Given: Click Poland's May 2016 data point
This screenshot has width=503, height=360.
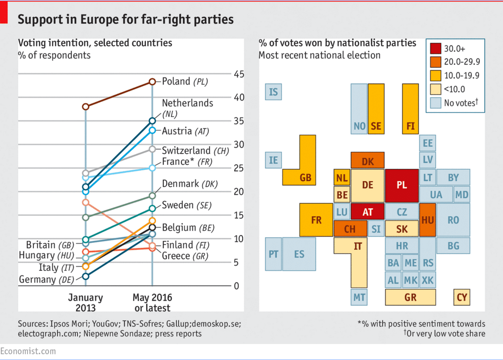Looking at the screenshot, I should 152,82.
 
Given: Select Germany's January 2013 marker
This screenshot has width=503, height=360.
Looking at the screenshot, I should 85,276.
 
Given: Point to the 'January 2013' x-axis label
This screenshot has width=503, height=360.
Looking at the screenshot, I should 85,303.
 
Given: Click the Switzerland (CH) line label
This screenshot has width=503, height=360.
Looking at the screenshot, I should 195,151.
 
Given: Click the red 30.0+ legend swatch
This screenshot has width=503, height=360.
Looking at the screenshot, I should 434,49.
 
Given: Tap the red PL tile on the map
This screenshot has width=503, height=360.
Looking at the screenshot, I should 402,185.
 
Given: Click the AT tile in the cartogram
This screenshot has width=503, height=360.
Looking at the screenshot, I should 368,212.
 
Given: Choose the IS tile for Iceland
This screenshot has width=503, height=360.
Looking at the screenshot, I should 273,92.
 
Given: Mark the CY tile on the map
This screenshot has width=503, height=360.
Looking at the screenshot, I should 462,298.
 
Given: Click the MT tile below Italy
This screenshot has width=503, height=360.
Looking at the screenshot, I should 359,298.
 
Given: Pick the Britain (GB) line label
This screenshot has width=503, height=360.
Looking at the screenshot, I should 49,245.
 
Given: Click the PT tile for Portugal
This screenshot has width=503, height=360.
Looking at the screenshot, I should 273,254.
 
